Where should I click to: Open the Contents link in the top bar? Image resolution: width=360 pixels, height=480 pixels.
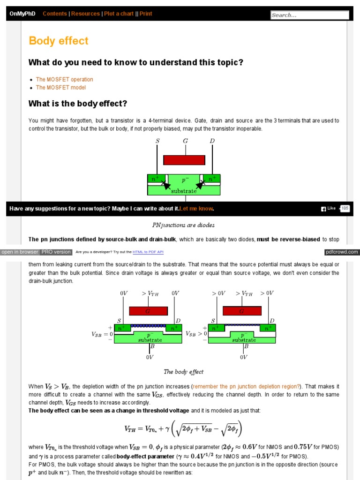(55, 14)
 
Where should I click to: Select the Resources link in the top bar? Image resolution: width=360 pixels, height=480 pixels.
(85, 14)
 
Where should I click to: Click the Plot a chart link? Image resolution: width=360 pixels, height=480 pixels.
(119, 14)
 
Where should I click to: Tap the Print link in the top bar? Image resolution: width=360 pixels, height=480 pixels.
(146, 14)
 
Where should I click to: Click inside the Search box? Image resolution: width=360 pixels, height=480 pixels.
(309, 15)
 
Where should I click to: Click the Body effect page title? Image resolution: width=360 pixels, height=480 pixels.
(59, 41)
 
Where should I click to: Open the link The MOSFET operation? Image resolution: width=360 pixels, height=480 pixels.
(64, 79)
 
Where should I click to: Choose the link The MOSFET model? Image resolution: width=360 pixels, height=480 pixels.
(61, 87)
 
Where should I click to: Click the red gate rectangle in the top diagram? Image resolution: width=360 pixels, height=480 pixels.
(184, 160)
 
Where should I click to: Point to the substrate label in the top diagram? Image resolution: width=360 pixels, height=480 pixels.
(184, 191)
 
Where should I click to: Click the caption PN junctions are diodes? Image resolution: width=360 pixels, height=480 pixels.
(184, 225)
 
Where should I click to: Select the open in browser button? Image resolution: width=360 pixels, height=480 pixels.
(20, 252)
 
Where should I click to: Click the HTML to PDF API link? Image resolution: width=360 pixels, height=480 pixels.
(148, 252)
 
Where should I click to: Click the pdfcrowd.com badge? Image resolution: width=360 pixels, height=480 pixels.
(342, 252)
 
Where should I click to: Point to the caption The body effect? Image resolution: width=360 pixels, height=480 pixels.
(183, 372)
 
